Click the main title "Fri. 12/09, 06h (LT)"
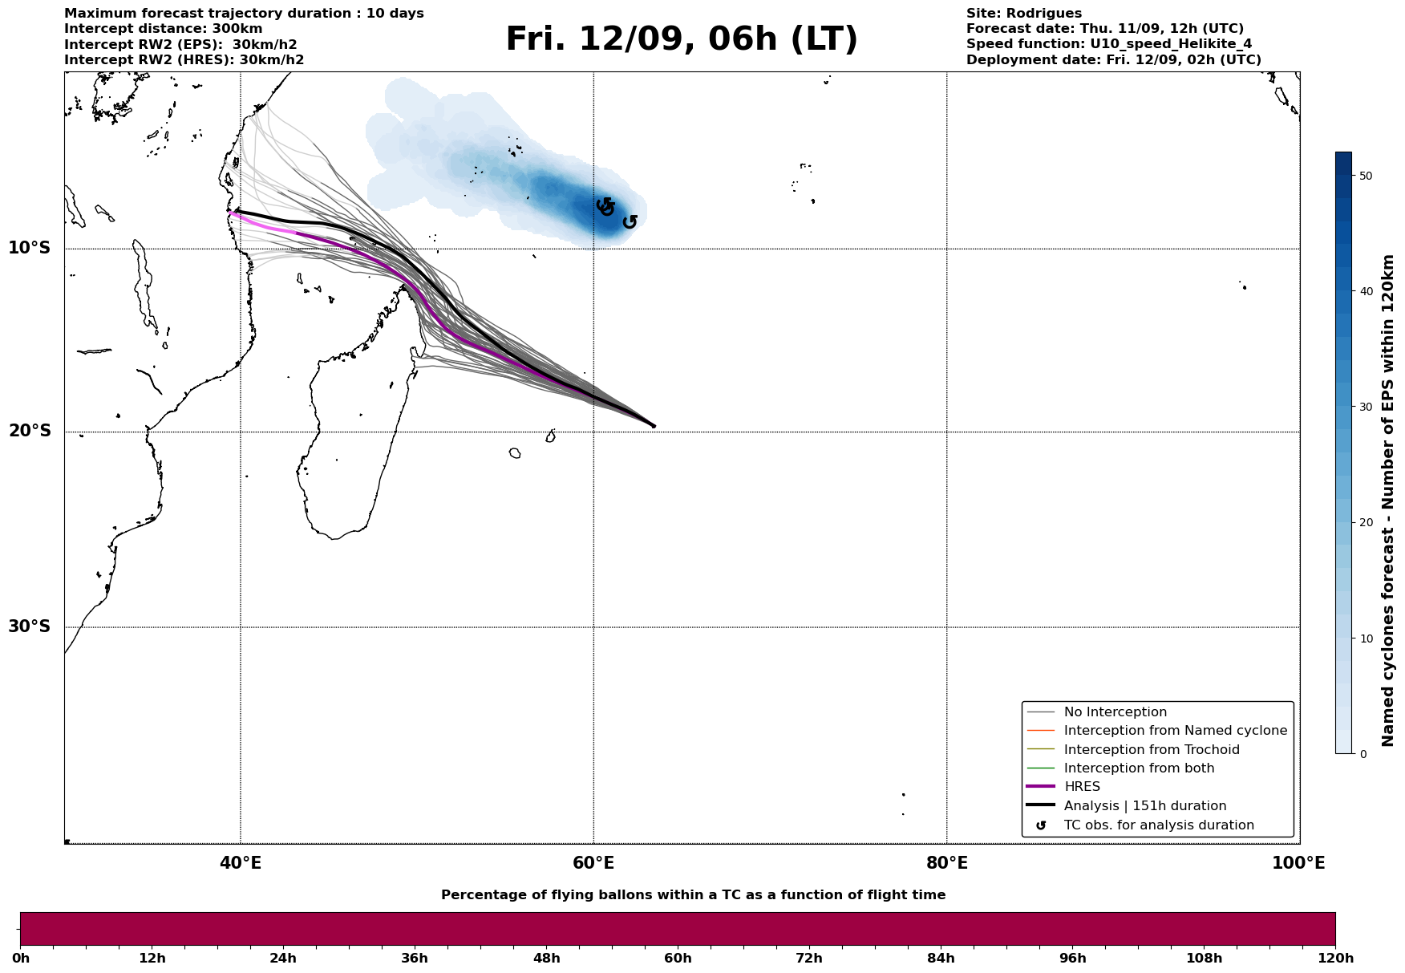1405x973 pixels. [x=681, y=39]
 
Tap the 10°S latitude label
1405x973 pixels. [x=30, y=248]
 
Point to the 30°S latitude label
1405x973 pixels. [x=30, y=626]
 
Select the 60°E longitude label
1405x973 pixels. [x=593, y=863]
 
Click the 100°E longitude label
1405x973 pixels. [x=1298, y=863]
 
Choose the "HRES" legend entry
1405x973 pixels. [x=1082, y=787]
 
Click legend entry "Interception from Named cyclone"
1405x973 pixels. [x=1175, y=731]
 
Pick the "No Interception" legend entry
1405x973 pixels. [x=1115, y=712]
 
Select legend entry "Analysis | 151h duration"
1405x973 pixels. [x=1144, y=806]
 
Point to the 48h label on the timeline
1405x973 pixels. [x=546, y=959]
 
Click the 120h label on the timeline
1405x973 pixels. [x=1335, y=959]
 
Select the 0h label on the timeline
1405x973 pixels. [x=21, y=959]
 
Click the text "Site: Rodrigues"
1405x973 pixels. [x=1023, y=14]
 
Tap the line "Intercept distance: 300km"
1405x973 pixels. [x=163, y=29]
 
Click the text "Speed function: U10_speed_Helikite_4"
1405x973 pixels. [x=1108, y=44]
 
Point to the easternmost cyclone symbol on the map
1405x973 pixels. [x=630, y=221]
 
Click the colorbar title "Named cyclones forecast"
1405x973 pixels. [x=1388, y=501]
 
